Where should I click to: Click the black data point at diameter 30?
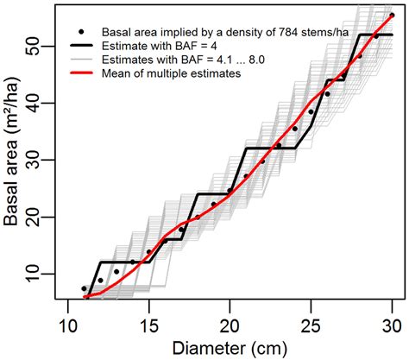pos(392,16)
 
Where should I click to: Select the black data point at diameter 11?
pos(84,288)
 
